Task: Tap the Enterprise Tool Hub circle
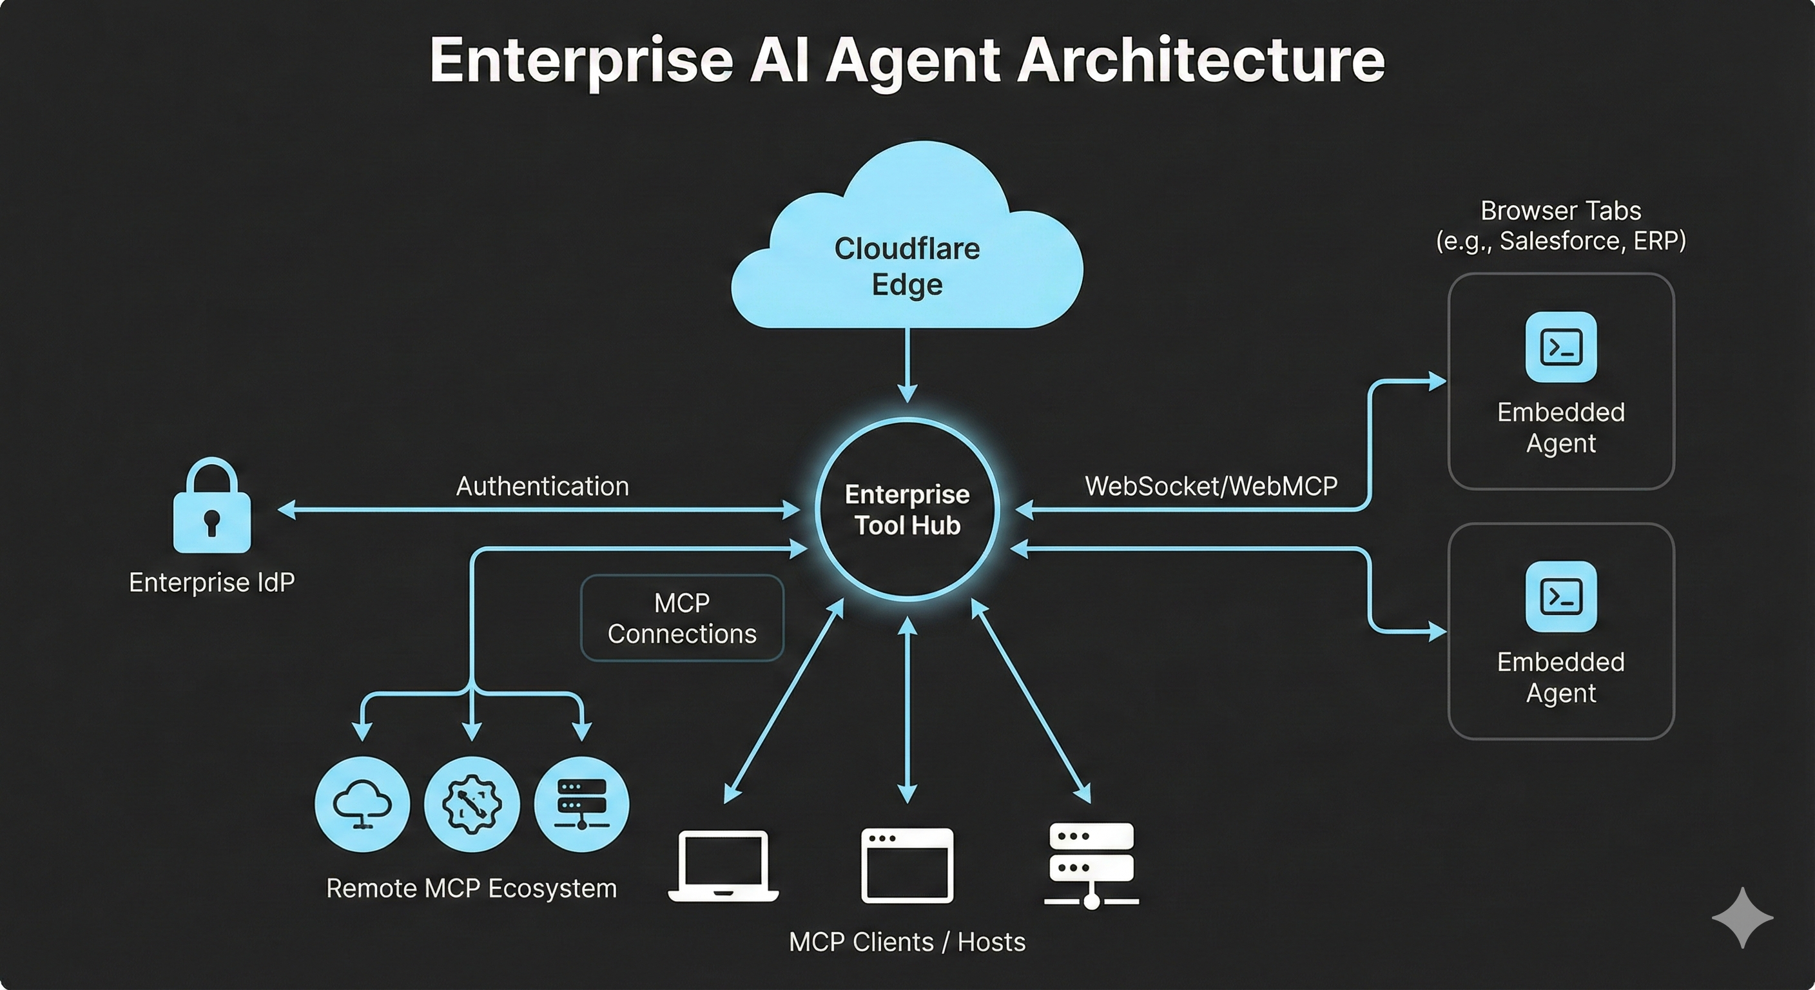click(x=907, y=509)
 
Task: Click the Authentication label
click(x=542, y=486)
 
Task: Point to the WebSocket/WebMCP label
click(x=1210, y=486)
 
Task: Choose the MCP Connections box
click(x=681, y=618)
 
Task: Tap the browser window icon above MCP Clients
click(x=907, y=865)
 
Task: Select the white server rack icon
click(x=1091, y=865)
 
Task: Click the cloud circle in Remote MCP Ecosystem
click(x=362, y=804)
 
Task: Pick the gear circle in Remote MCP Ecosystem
click(x=471, y=804)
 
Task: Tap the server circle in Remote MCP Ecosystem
click(x=581, y=804)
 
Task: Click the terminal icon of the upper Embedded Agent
click(x=1560, y=347)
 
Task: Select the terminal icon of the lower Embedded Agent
click(x=1560, y=597)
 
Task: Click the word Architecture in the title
click(x=1201, y=61)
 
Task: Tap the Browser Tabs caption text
click(x=1560, y=226)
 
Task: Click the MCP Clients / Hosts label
click(x=907, y=942)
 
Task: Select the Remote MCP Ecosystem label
click(x=471, y=889)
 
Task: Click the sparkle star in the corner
click(x=1742, y=917)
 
